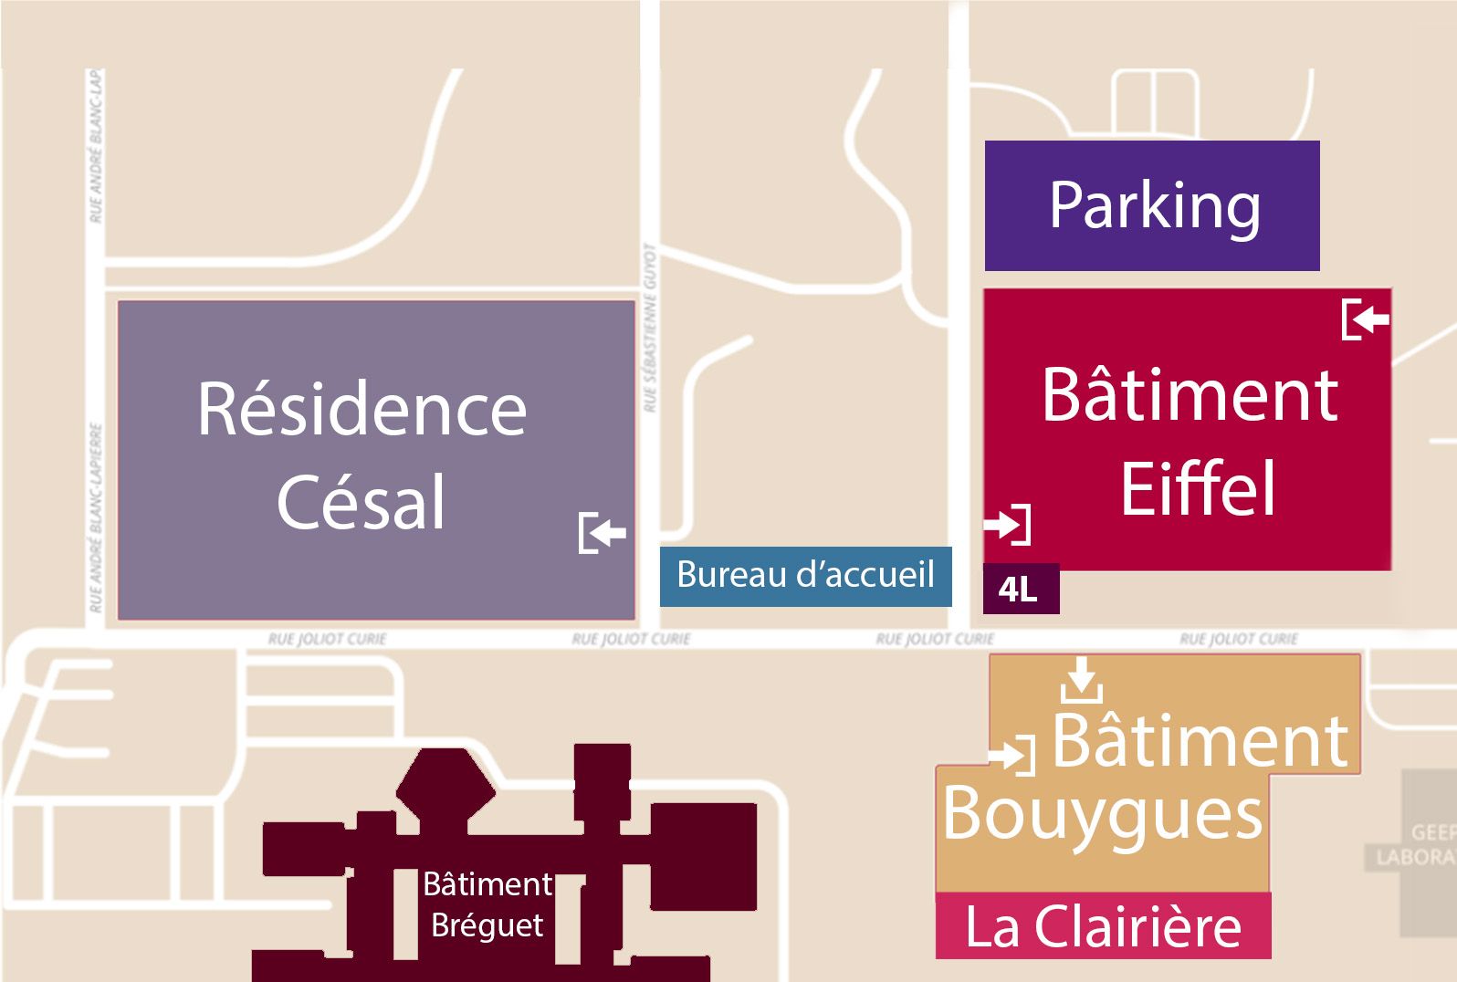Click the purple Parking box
tap(1152, 205)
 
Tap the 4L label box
tap(1021, 589)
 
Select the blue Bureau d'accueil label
tap(805, 575)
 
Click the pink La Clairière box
tap(1103, 925)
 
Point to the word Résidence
tap(362, 410)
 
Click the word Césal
tap(362, 502)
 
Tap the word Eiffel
tap(1197, 489)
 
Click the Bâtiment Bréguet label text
tap(487, 904)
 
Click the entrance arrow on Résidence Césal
tap(603, 532)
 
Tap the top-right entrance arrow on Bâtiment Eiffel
tap(1366, 319)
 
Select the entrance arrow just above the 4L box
tap(1007, 524)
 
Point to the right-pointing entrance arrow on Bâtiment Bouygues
tap(1012, 755)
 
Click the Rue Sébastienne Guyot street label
tap(650, 329)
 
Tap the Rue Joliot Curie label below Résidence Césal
tap(327, 639)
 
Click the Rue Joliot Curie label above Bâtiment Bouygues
tap(1238, 639)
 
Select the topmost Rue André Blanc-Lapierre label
tap(96, 146)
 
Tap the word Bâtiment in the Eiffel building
tap(1190, 395)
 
